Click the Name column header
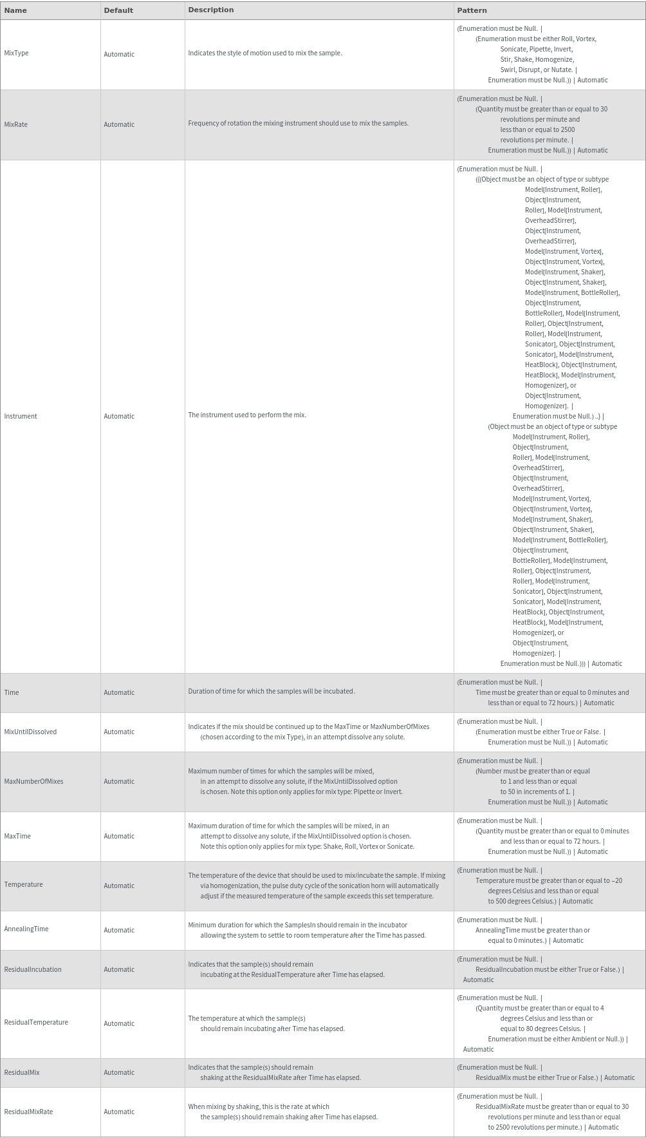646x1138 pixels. (x=15, y=10)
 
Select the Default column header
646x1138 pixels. (x=118, y=10)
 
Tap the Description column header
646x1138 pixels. (x=210, y=10)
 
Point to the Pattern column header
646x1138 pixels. (x=472, y=10)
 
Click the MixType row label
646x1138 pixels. (x=16, y=53)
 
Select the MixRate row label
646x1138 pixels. (x=16, y=124)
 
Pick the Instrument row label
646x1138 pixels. (x=21, y=416)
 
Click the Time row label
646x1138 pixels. (x=12, y=692)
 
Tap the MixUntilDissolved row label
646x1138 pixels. (x=30, y=732)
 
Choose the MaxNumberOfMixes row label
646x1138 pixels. (x=33, y=781)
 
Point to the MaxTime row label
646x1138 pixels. (x=17, y=836)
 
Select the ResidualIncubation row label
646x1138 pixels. (x=33, y=969)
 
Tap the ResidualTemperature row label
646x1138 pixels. (x=36, y=1022)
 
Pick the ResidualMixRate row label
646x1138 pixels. (x=28, y=1112)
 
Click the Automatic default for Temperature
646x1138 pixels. (x=119, y=886)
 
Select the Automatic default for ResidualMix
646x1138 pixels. (x=119, y=1072)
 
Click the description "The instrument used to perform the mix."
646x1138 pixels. (x=247, y=415)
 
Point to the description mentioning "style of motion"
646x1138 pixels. (x=265, y=53)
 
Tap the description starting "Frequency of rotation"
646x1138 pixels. (x=298, y=123)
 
